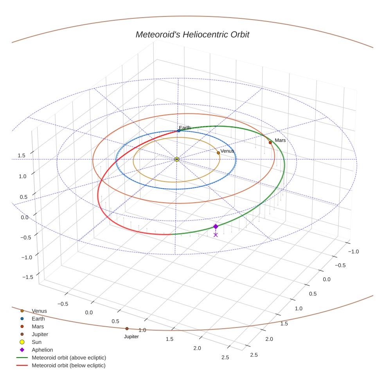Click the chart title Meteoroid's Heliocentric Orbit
coord(192,34)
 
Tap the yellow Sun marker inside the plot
coord(177,159)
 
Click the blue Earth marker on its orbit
coord(179,131)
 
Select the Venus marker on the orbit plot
coord(218,153)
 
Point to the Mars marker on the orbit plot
coord(270,143)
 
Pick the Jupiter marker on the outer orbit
coord(127,329)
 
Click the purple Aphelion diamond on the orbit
coord(216,227)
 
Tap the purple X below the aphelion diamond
coord(216,235)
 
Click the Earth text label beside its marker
coord(185,128)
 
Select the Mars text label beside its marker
coord(280,140)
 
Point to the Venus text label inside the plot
coord(227,151)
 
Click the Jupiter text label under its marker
coord(131,336)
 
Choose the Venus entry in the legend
coord(39,311)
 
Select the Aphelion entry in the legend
coord(42,350)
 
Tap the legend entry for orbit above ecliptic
coord(69,358)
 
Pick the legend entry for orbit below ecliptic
coord(68,366)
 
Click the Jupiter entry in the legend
coord(40,335)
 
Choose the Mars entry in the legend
coord(38,327)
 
